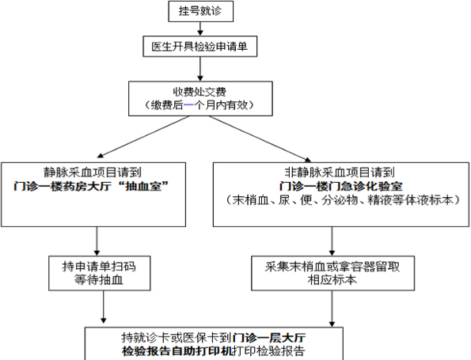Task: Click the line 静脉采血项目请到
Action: (94, 172)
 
